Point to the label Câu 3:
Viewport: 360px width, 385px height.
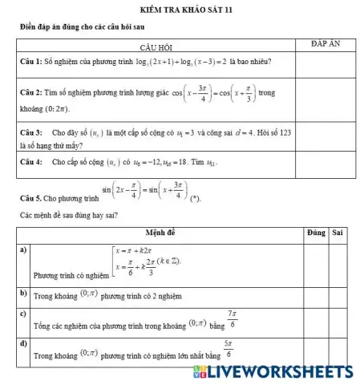[32, 130]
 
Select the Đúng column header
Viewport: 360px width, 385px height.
[315, 232]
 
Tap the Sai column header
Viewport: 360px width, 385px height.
[338, 232]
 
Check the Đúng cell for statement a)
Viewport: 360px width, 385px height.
[315, 264]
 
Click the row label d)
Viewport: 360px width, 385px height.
[24, 343]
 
